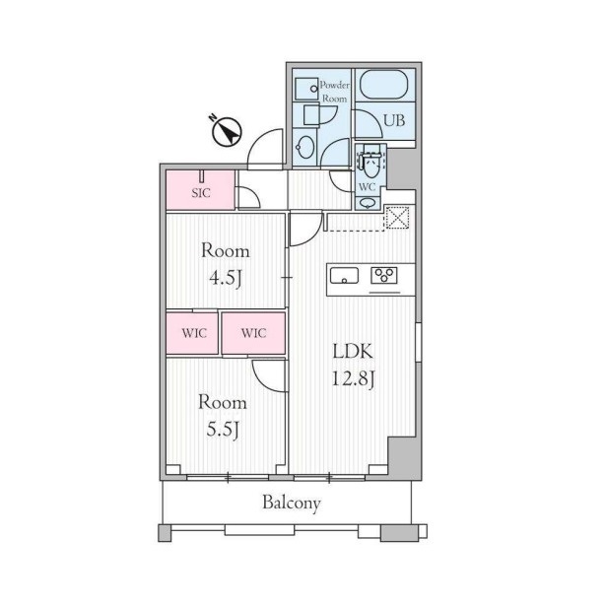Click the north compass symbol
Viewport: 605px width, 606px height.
coord(227,131)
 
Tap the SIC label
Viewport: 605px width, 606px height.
coord(201,193)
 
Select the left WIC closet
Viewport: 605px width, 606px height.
coord(192,333)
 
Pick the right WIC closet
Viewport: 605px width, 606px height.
coord(253,333)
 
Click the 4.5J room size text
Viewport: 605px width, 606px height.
coord(226,278)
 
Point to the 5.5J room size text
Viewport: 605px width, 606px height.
coord(223,429)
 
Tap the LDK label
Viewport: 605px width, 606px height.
coord(353,352)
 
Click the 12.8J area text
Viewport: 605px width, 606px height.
coord(353,379)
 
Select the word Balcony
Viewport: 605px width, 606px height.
coord(292,504)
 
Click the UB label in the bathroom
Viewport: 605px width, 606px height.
coord(394,120)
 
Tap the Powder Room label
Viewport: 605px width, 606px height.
coord(335,92)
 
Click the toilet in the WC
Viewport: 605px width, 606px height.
coord(371,163)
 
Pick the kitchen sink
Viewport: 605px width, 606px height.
coord(344,276)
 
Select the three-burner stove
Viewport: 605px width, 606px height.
coord(384,276)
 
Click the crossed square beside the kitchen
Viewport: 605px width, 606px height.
coord(398,218)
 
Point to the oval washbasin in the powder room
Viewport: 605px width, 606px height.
coord(304,147)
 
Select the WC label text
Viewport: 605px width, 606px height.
coord(367,187)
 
